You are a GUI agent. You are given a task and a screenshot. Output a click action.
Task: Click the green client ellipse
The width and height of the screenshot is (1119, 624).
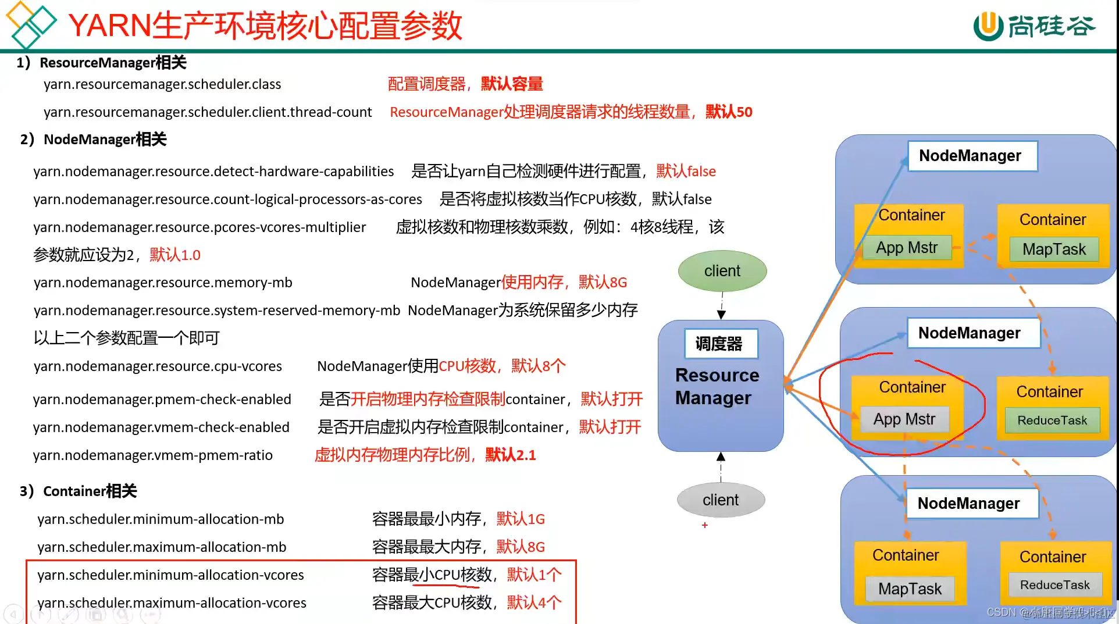coord(722,271)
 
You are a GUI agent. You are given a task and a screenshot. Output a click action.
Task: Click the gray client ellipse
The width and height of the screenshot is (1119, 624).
coord(721,500)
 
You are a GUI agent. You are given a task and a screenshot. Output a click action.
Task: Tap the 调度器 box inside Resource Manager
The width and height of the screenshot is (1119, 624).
coord(719,344)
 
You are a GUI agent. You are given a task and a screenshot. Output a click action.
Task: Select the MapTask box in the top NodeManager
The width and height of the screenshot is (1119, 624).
coord(1054,249)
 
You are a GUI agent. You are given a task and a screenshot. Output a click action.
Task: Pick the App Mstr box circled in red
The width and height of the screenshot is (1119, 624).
coord(904,419)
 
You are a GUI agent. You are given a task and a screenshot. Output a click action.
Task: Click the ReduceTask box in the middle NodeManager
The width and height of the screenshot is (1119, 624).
coord(1052,420)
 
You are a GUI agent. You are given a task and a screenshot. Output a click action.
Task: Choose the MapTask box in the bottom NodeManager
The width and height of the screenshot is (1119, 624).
coord(910,589)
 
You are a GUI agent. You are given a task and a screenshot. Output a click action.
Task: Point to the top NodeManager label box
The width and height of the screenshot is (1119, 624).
coord(971,156)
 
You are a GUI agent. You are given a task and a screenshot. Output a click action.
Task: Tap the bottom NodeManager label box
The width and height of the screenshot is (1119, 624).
coord(969,504)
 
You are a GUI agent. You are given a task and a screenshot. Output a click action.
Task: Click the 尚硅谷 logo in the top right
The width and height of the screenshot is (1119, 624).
coord(1035,26)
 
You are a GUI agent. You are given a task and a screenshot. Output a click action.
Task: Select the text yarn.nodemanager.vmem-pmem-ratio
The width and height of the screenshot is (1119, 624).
coord(153,455)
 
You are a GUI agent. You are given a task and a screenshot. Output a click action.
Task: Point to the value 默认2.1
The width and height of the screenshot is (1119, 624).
coord(511,455)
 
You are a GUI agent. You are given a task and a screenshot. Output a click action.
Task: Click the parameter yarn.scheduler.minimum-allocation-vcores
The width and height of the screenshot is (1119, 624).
coord(170,575)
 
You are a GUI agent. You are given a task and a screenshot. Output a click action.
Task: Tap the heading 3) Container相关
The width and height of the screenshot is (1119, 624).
coord(79,491)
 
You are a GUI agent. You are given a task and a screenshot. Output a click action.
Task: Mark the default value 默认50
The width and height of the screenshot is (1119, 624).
coord(729,112)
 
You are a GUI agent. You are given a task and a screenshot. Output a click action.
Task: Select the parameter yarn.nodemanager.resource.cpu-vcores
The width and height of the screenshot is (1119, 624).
coord(158,366)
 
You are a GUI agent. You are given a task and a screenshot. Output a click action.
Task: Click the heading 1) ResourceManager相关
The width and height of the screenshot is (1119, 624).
coord(102,63)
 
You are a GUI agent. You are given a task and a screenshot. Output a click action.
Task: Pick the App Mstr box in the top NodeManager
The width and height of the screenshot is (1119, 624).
coord(907,248)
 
